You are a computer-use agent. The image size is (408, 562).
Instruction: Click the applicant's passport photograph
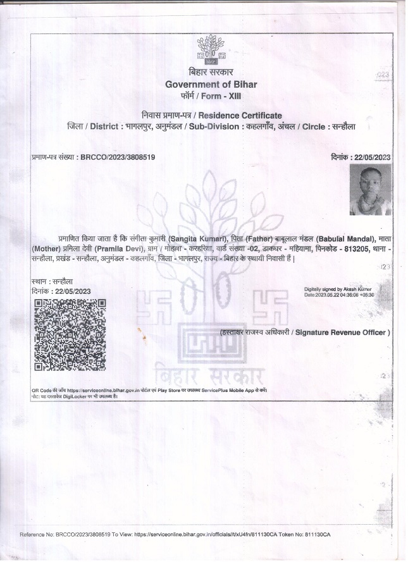[x=370, y=190]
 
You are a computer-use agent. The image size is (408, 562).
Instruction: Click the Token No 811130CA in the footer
[x=314, y=535]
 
